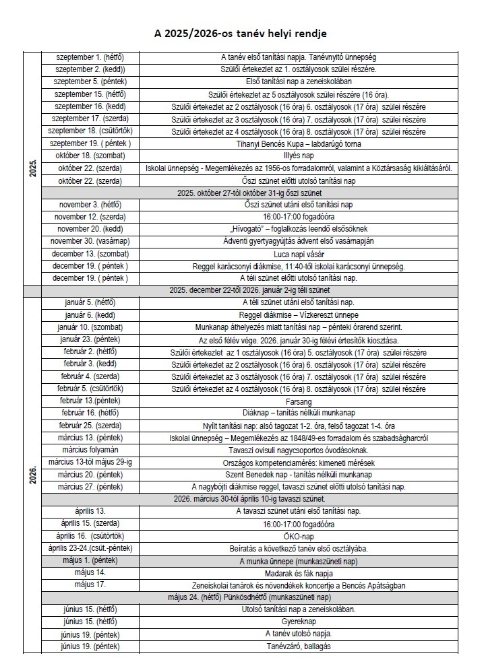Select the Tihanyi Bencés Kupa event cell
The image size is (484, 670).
[299, 143]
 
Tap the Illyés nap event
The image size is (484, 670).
[299, 156]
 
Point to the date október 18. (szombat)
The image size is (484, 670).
[91, 156]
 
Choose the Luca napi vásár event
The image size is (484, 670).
[299, 253]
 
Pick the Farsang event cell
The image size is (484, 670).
[299, 400]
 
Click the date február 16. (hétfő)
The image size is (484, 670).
[91, 412]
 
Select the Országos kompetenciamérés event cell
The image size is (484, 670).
[299, 463]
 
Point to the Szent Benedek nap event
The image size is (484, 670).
[299, 474]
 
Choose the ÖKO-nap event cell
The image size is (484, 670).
[299, 536]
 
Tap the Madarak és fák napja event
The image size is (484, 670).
[299, 572]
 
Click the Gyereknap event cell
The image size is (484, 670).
[299, 622]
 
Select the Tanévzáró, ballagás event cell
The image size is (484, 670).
[299, 646]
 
